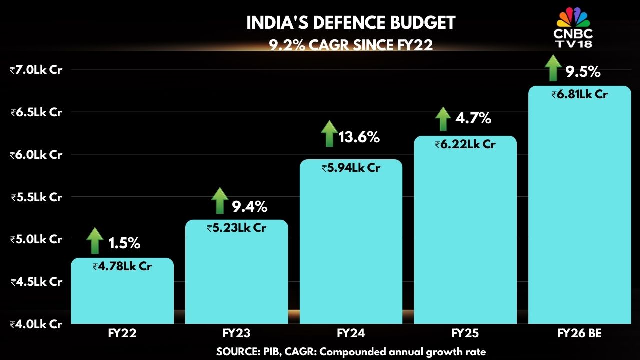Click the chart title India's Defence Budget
coord(351,23)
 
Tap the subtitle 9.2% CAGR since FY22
coord(351,45)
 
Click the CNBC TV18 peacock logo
coord(573,18)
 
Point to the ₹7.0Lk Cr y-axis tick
coord(36,70)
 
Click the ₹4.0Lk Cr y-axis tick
coord(36,324)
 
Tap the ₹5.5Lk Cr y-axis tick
coord(36,197)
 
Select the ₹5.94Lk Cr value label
coord(351,168)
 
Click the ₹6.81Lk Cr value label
coord(579,94)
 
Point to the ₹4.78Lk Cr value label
coord(122,267)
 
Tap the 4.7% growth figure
coord(473,119)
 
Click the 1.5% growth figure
coord(124,244)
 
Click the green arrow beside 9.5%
coord(553,68)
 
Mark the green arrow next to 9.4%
coord(220,201)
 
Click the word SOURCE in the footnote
coord(236,352)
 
